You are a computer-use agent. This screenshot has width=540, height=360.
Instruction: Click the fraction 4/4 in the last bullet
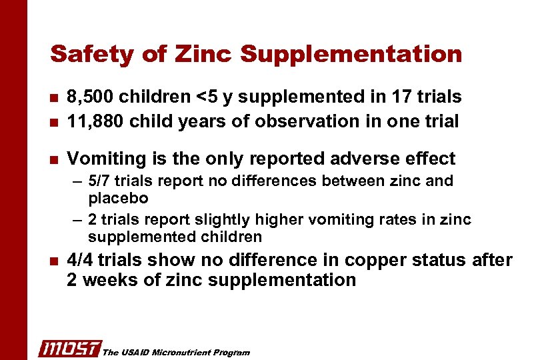(83, 261)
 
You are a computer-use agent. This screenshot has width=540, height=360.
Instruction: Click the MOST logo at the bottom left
(69, 348)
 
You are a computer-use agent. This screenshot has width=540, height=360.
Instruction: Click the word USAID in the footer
(132, 352)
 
